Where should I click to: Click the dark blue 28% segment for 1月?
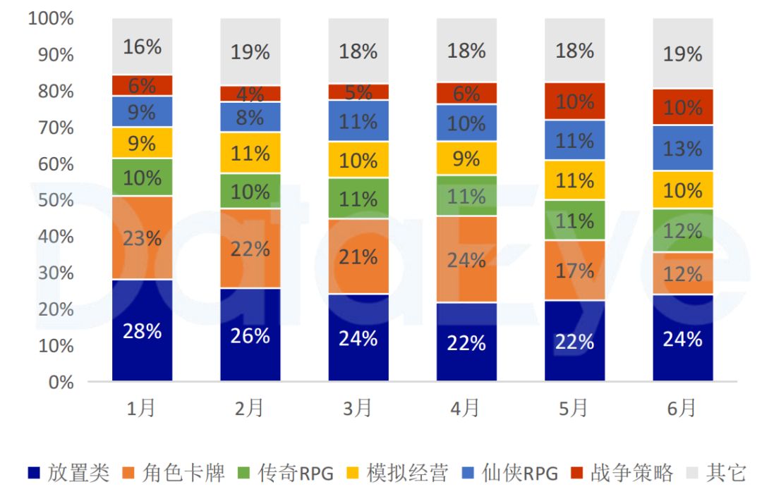[142, 330]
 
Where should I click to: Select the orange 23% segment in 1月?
[142, 238]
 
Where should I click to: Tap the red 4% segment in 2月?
[250, 94]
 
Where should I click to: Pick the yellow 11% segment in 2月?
[250, 153]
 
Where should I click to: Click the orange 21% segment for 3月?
[358, 256]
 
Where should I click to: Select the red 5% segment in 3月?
[358, 92]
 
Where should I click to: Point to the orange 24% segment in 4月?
[466, 259]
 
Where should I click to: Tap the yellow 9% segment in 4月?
[466, 159]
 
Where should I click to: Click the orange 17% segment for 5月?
[574, 270]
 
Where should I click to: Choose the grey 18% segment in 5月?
[574, 51]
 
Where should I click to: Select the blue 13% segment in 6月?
[682, 148]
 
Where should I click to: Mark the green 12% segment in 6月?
[682, 230]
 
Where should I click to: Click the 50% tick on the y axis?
[51, 200]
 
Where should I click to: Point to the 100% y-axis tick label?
[51, 18]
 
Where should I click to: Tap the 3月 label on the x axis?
[358, 407]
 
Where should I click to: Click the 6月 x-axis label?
[682, 407]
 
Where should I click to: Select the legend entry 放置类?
[69, 473]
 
